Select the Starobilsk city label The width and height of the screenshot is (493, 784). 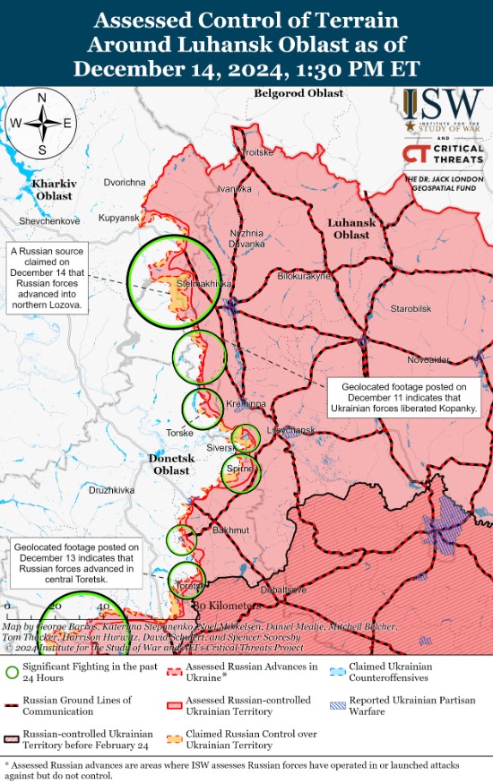click(x=411, y=309)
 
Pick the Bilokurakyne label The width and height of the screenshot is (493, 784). click(x=304, y=277)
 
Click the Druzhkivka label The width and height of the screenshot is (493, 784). click(x=111, y=490)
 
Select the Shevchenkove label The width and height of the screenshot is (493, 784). click(x=49, y=220)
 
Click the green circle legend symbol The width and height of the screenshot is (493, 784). click(x=12, y=672)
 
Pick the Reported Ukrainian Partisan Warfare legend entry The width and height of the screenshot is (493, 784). click(x=413, y=705)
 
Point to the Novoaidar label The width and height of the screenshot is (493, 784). click(x=428, y=359)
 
